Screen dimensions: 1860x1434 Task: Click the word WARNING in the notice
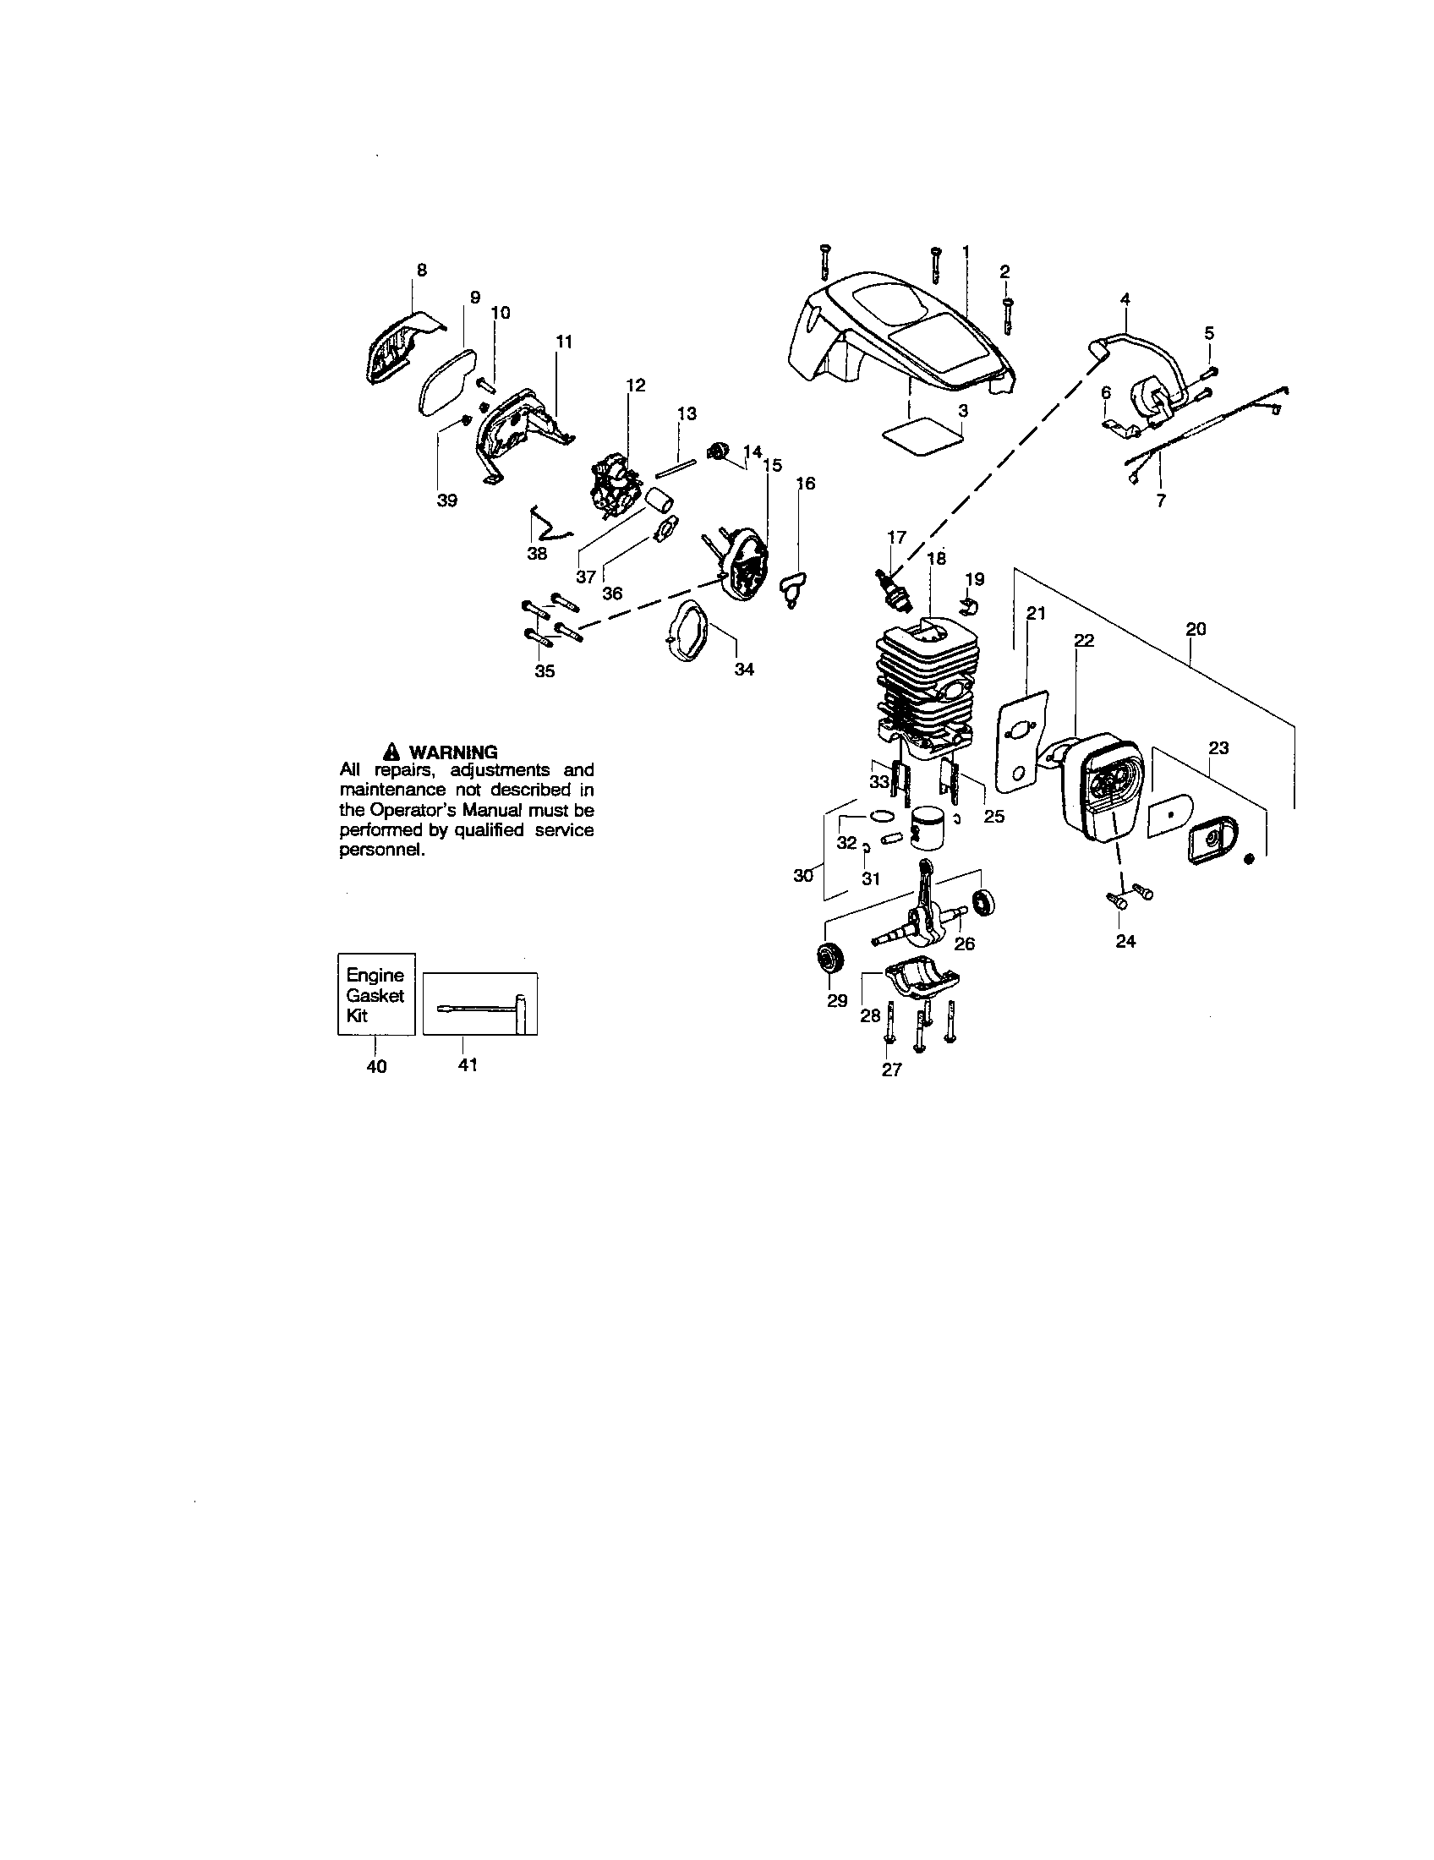(453, 752)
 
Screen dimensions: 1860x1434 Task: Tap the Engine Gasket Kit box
(375, 994)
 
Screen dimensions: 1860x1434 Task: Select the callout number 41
(468, 1064)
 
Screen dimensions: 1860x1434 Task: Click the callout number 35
(545, 671)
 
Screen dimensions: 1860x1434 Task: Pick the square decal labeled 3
(923, 436)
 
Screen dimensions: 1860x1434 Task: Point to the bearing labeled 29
(829, 958)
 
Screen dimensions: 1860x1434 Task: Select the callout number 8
(422, 270)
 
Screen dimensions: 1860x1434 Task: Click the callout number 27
(890, 1069)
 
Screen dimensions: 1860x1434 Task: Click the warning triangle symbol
(391, 752)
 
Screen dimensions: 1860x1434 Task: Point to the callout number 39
(447, 501)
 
